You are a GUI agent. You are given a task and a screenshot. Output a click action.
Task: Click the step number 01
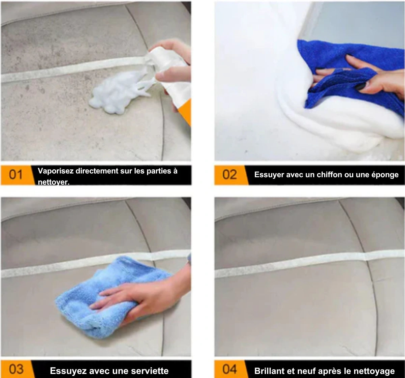[x=16, y=175]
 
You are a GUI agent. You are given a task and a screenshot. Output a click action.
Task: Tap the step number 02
[x=230, y=175]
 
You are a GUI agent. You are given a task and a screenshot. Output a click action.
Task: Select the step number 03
[x=16, y=369]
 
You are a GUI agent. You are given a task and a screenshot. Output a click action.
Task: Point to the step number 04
[x=230, y=369]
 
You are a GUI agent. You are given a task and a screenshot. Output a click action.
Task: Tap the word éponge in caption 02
[x=385, y=175]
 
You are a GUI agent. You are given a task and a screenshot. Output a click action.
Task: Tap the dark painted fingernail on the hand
[x=360, y=87]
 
